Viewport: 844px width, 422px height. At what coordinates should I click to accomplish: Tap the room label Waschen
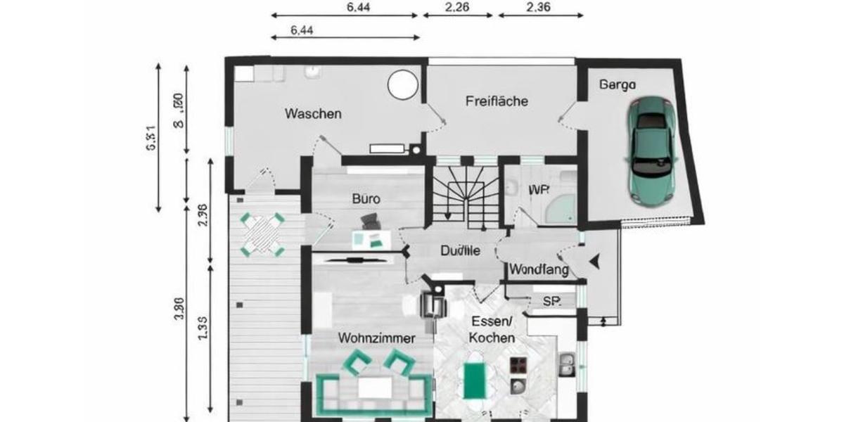tap(313, 113)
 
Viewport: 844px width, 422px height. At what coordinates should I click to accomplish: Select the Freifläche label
tap(497, 101)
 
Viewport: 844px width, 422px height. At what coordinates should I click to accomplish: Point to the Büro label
tap(366, 199)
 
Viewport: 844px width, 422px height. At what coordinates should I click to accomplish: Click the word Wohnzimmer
tap(376, 338)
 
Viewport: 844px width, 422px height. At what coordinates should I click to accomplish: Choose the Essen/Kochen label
tap(492, 331)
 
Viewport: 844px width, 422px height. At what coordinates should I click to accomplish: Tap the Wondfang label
tap(539, 269)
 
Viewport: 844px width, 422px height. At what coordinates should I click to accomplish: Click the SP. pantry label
tap(551, 301)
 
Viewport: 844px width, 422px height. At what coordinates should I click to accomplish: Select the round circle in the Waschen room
tap(403, 85)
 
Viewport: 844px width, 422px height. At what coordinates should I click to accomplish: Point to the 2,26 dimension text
tap(459, 8)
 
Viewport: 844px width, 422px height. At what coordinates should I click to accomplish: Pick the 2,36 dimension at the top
tap(538, 8)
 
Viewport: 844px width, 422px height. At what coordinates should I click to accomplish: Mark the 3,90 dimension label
tap(179, 310)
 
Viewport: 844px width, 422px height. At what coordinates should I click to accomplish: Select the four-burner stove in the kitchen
tap(519, 365)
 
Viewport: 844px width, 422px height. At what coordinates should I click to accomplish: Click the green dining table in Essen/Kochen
tap(474, 379)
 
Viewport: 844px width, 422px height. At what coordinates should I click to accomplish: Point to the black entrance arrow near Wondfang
tap(596, 262)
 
